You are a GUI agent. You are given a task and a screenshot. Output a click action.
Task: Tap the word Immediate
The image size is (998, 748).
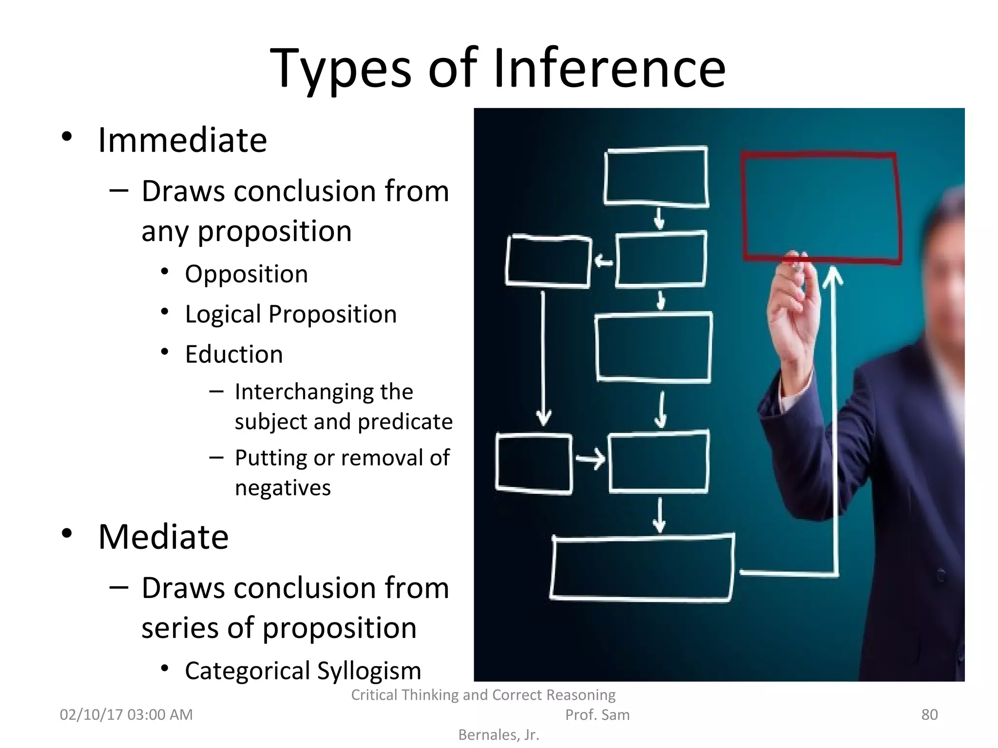pos(182,140)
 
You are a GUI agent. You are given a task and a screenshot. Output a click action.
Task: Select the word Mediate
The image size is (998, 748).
pos(163,537)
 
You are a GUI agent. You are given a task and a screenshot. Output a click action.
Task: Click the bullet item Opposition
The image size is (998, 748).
pos(246,274)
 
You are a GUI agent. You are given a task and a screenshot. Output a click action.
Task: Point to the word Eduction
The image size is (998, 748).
pos(234,354)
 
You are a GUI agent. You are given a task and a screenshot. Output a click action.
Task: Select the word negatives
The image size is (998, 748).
pos(283,487)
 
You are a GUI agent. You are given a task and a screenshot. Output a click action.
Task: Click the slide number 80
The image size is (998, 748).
pos(929,714)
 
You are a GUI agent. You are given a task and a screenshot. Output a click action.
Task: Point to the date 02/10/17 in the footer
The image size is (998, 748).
pos(91,714)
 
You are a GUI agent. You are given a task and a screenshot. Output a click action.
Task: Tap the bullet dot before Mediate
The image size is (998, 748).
pos(67,534)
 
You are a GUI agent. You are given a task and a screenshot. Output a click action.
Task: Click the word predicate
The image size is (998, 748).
pos(405,422)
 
